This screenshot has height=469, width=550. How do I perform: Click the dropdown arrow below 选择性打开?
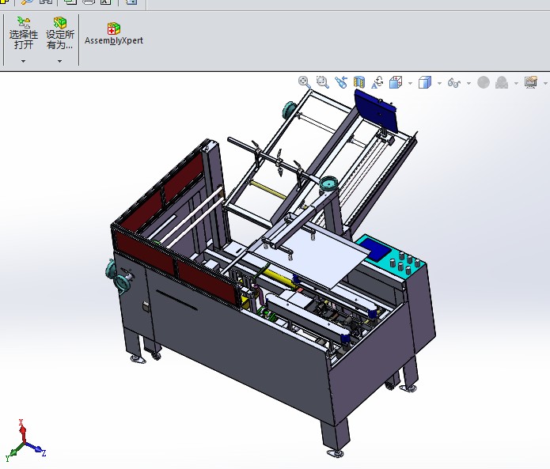pyautogui.click(x=24, y=61)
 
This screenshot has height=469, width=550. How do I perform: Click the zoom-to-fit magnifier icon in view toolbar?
pyautogui.click(x=304, y=81)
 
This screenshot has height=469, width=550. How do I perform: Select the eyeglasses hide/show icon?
pyautogui.click(x=454, y=82)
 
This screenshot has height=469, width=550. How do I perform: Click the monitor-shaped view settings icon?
pyautogui.click(x=530, y=82)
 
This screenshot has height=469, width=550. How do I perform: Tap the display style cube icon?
pyautogui.click(x=425, y=82)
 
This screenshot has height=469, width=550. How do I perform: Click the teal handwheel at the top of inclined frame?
pyautogui.click(x=289, y=108)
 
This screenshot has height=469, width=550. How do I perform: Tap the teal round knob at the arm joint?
pyautogui.click(x=327, y=185)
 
